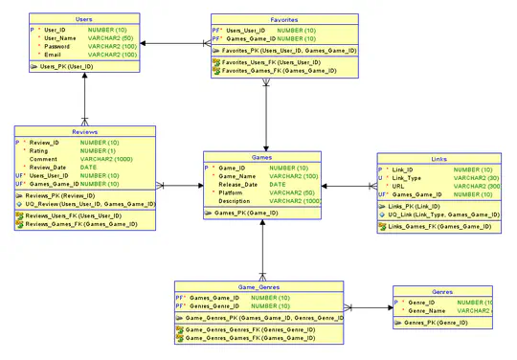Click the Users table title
click(83, 19)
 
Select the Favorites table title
click(283, 19)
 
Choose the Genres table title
click(442, 291)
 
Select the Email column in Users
click(54, 55)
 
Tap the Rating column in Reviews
click(39, 150)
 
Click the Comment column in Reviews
click(43, 159)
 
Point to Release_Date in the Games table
click(238, 184)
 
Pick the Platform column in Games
click(233, 192)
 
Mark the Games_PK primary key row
click(241, 214)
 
